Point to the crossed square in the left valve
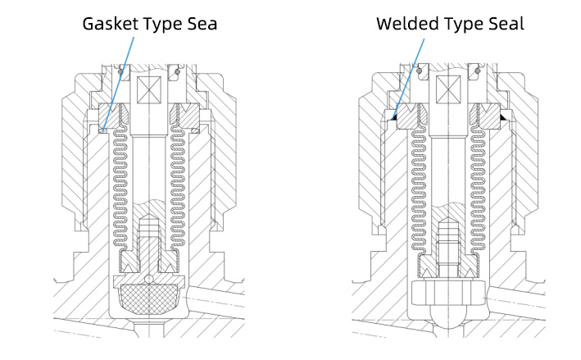pyautogui.click(x=149, y=89)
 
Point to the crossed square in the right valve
pyautogui.click(x=448, y=89)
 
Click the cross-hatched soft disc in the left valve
pyautogui.click(x=149, y=299)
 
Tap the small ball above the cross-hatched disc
pyautogui.click(x=149, y=279)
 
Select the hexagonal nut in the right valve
pyautogui.click(x=448, y=293)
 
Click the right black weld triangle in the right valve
pyautogui.click(x=503, y=117)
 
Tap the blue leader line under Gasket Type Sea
pyautogui.click(x=118, y=84)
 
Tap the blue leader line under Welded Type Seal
pyautogui.click(x=408, y=78)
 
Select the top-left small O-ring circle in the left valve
pyautogui.click(x=120, y=71)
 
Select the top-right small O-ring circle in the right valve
pyautogui.click(x=478, y=71)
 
